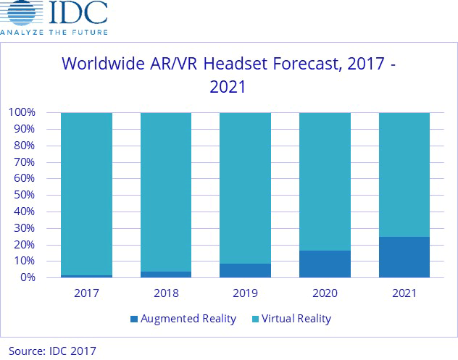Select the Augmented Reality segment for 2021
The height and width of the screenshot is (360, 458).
click(x=404, y=257)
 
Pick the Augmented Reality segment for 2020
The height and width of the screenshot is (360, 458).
click(x=325, y=264)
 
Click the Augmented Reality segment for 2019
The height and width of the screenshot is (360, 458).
click(x=245, y=270)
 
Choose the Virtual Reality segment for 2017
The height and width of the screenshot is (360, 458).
click(x=86, y=193)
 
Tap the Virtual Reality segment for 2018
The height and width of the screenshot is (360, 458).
click(x=166, y=192)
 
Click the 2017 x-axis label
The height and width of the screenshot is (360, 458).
click(x=86, y=294)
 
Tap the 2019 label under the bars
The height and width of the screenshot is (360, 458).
click(x=245, y=294)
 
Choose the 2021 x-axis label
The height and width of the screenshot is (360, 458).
click(x=404, y=294)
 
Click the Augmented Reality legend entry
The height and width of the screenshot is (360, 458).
click(x=183, y=318)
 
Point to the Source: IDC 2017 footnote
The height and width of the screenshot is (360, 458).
click(x=52, y=351)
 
